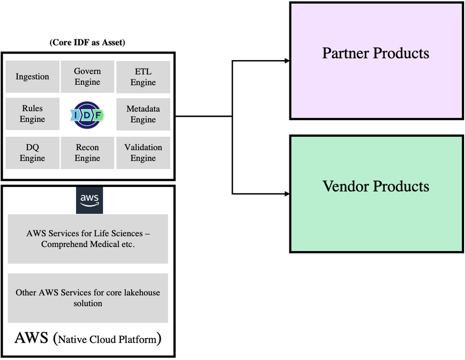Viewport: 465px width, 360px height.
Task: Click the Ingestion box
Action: click(x=32, y=77)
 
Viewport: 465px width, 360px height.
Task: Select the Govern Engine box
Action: click(x=87, y=77)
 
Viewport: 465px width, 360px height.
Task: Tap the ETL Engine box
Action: click(x=143, y=77)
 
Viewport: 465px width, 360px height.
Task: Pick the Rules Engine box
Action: click(x=32, y=114)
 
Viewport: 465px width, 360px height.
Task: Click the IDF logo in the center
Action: click(x=87, y=115)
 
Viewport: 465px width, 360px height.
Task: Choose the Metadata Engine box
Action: click(x=143, y=114)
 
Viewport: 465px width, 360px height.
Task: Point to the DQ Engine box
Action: click(x=32, y=153)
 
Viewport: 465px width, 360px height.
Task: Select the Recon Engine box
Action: click(x=87, y=153)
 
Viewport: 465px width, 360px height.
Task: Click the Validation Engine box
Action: click(x=143, y=153)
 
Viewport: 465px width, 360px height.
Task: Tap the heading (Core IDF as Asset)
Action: click(x=87, y=43)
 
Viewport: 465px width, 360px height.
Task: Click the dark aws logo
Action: click(x=89, y=200)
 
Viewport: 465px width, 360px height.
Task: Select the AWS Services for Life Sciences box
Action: click(x=88, y=239)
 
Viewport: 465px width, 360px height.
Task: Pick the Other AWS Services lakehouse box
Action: click(x=88, y=298)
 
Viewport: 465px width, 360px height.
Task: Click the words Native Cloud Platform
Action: click(x=107, y=339)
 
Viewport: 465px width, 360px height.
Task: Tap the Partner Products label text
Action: click(x=375, y=53)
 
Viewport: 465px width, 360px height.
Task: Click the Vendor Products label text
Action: click(x=375, y=186)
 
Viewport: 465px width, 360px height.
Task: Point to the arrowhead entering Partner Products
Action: click(x=287, y=60)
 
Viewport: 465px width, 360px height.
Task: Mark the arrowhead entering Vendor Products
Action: click(x=287, y=194)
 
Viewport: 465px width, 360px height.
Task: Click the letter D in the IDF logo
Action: click(x=87, y=115)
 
